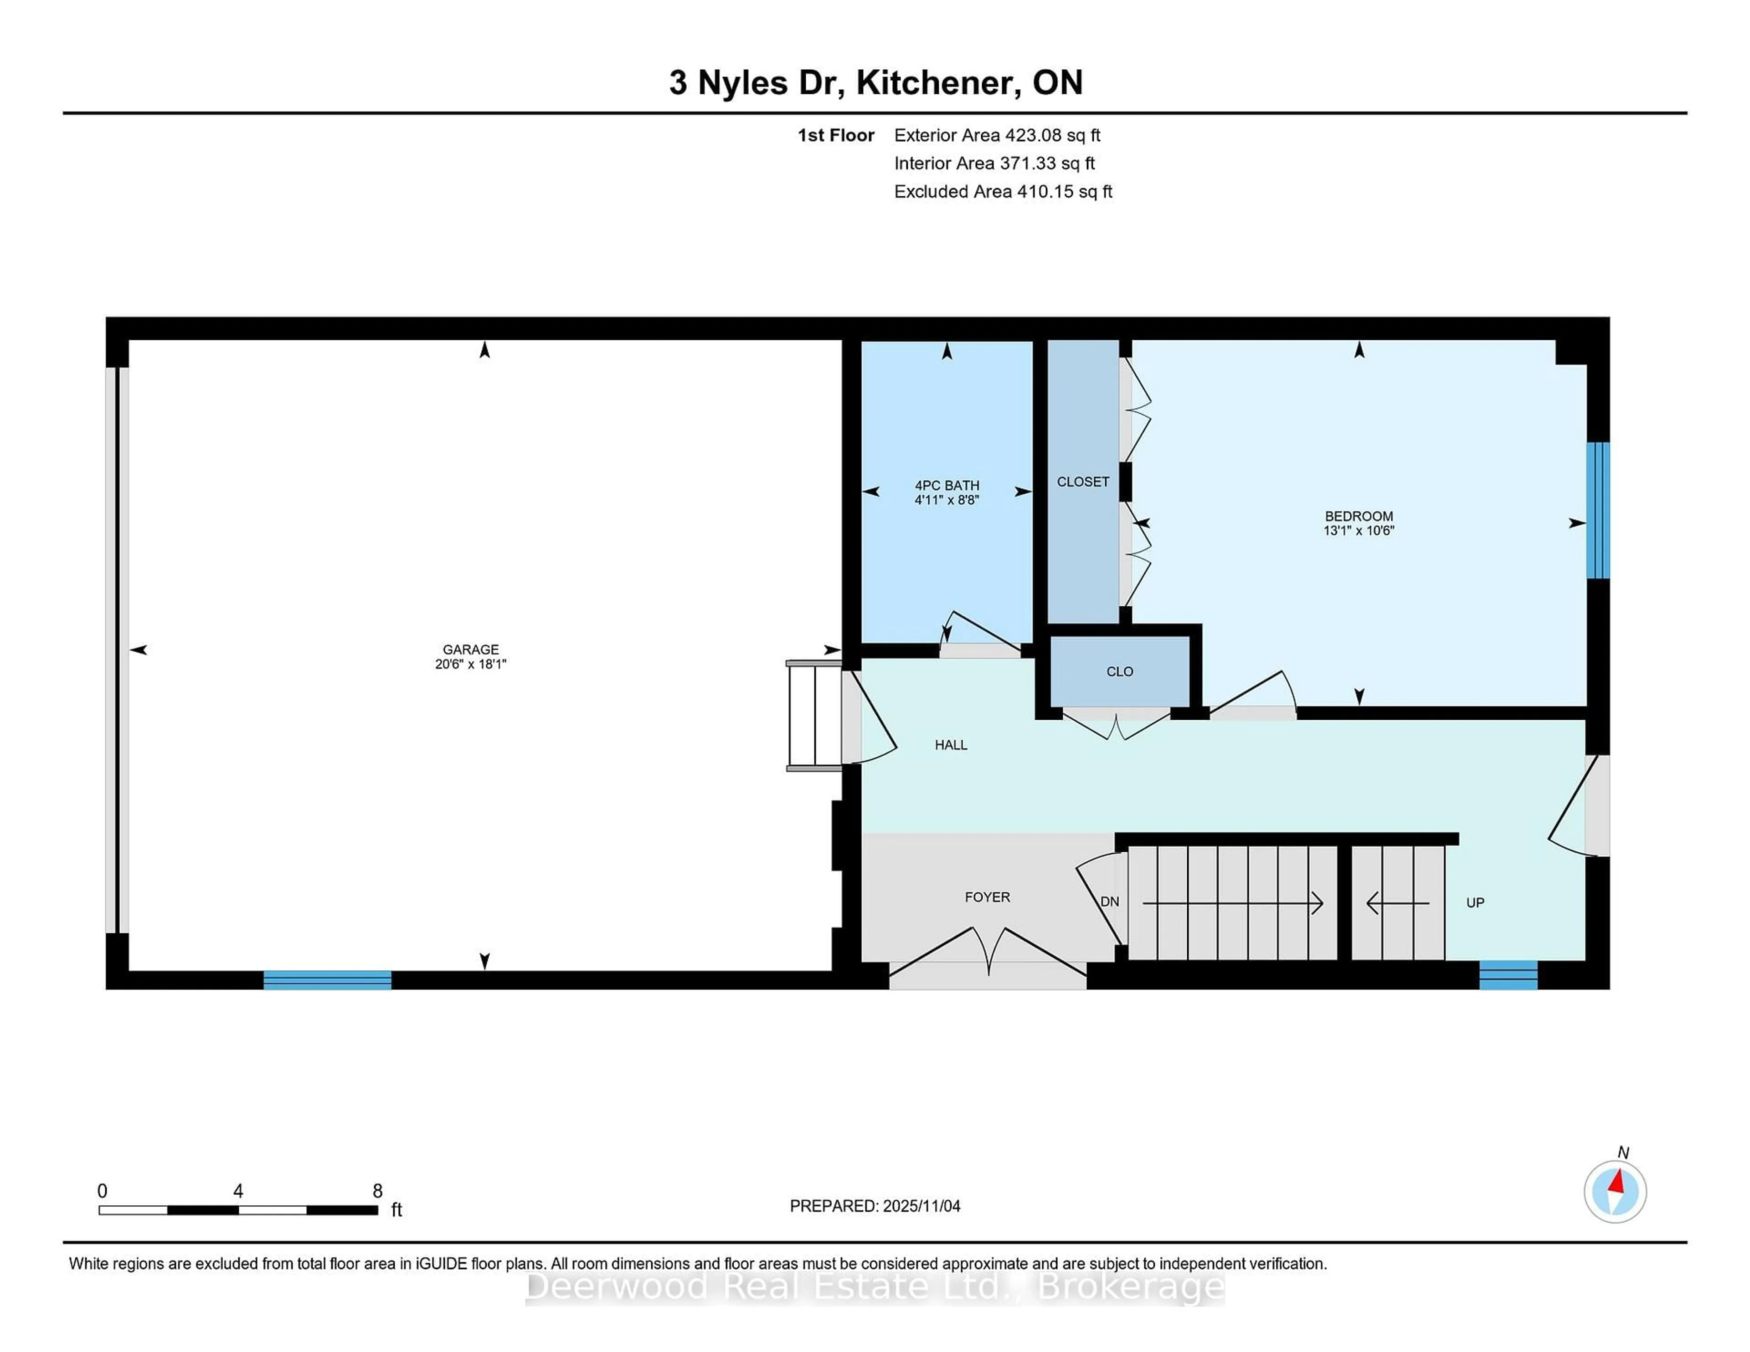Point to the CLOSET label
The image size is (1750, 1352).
[x=1082, y=481]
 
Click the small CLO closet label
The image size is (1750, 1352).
[x=1119, y=671]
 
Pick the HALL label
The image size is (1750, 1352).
[x=951, y=745]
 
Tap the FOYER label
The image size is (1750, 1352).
[x=987, y=897]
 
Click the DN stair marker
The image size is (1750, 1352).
[x=1109, y=902]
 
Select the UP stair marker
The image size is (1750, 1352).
[x=1475, y=903]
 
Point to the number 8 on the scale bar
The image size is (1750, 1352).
[x=377, y=1191]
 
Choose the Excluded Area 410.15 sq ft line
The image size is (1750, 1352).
[x=1003, y=191]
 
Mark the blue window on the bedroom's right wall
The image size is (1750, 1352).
[x=1598, y=510]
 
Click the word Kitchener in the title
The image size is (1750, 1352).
[x=938, y=83]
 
